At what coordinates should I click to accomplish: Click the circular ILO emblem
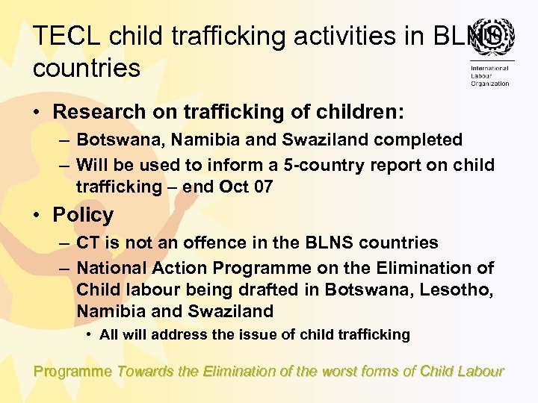pos(489,37)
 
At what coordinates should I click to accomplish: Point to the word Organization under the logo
pos(489,84)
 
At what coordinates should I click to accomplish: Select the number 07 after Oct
pos(263,187)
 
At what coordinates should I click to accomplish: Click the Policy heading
pos(83,215)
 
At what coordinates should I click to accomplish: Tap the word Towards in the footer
pos(145,371)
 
